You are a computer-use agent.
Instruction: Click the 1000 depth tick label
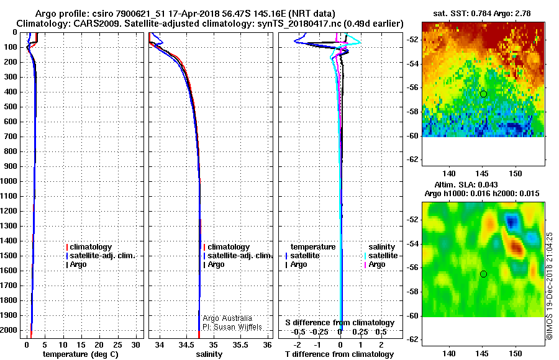(x=9, y=181)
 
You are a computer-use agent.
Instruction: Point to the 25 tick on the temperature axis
(x=117, y=345)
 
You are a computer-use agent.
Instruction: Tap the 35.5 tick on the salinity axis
(x=240, y=345)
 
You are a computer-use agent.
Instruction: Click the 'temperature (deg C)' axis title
(x=81, y=354)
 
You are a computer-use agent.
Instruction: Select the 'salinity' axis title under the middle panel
(x=209, y=354)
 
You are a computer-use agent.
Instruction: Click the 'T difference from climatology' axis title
(x=339, y=354)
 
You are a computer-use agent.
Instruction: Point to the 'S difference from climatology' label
(x=340, y=323)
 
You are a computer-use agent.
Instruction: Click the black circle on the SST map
(x=483, y=94)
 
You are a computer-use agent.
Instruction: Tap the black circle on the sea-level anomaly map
(x=483, y=274)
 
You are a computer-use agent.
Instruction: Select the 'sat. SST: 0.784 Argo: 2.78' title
(x=481, y=14)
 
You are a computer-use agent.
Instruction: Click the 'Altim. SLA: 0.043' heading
(x=466, y=184)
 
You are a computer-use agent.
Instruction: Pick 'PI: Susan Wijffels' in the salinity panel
(x=232, y=327)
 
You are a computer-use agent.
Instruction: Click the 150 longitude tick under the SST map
(x=516, y=174)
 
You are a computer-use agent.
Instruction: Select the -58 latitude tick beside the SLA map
(x=412, y=292)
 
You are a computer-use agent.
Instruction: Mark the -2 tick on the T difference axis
(x=298, y=345)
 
